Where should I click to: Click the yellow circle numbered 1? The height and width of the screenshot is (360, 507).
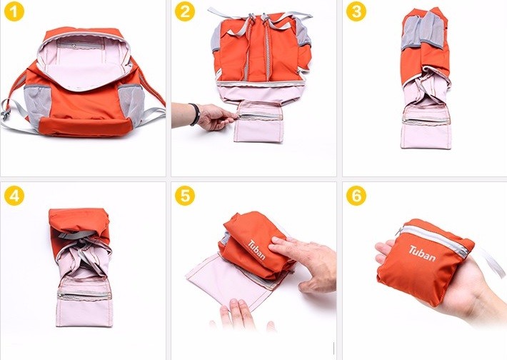pyautogui.click(x=14, y=12)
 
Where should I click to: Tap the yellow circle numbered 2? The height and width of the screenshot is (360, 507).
pyautogui.click(x=185, y=12)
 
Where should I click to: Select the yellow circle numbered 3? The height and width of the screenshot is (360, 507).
pyautogui.click(x=356, y=12)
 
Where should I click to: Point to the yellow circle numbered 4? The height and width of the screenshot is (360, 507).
pyautogui.click(x=14, y=196)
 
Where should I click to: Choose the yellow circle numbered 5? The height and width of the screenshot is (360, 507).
pyautogui.click(x=185, y=196)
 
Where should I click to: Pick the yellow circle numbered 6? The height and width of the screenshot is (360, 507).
pyautogui.click(x=356, y=196)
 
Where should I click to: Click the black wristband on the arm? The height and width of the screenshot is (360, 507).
pyautogui.click(x=195, y=114)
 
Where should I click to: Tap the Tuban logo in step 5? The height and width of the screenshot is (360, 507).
pyautogui.click(x=257, y=250)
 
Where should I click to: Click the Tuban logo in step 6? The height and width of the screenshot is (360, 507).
pyautogui.click(x=422, y=254)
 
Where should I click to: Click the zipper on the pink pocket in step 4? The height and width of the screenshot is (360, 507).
pyautogui.click(x=84, y=295)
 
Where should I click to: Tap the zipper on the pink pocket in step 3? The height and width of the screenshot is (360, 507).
pyautogui.click(x=426, y=120)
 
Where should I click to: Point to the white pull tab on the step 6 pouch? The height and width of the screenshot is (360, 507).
pyautogui.click(x=493, y=264)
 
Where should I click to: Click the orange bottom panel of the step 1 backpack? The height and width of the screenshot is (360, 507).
pyautogui.click(x=86, y=126)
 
